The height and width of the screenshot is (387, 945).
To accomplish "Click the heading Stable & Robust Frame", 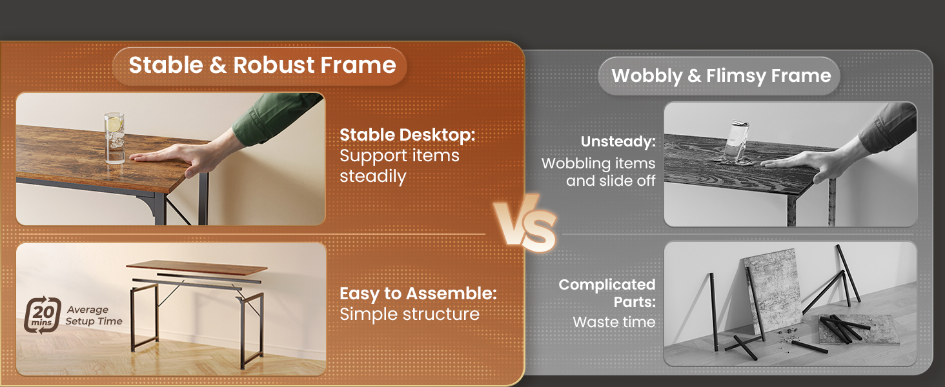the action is (262, 65).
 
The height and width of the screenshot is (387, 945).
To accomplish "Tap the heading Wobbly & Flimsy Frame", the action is (721, 76).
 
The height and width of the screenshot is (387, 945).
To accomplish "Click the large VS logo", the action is (525, 223).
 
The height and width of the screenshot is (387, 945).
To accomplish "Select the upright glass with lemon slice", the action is (114, 137).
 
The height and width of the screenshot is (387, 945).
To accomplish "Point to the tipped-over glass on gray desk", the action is (736, 142).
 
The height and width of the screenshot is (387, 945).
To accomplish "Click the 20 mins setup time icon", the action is (42, 315).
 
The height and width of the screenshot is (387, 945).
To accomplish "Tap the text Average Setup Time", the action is (94, 315).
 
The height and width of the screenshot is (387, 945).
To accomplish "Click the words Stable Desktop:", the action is (407, 135).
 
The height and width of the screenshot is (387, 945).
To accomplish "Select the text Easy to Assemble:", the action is (418, 294).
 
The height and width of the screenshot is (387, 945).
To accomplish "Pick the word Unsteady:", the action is (618, 142).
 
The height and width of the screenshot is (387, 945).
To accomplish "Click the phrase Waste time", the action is (614, 322).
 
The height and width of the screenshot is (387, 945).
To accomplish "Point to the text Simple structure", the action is (409, 315).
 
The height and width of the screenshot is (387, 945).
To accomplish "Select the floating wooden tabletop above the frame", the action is (197, 268).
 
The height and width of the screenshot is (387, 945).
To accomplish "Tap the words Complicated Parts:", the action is (607, 293).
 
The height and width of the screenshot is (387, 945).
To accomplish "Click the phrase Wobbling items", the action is (598, 164).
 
